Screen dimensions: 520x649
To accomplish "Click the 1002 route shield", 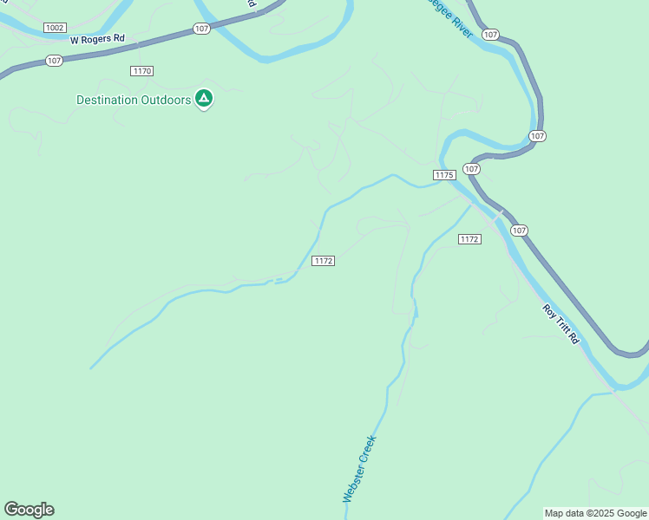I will [x=56, y=28].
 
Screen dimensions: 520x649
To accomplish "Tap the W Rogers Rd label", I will [x=98, y=40].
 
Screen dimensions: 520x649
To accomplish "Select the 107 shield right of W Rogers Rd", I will [x=201, y=29].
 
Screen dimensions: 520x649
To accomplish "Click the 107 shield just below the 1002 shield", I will [x=55, y=61].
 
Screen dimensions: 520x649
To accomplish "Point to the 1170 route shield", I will [x=142, y=70].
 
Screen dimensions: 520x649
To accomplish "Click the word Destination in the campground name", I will [x=107, y=100].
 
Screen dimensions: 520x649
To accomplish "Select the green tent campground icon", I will [x=204, y=99].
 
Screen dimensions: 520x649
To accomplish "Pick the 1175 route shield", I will [x=443, y=175].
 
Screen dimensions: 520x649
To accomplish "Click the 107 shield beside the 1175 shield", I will [x=471, y=168].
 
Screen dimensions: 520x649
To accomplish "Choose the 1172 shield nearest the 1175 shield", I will [x=469, y=239].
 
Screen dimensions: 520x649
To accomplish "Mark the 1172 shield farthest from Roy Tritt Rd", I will [x=324, y=261].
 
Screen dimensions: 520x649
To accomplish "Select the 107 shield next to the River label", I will [x=490, y=35].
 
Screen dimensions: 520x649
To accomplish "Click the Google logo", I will [x=29, y=510].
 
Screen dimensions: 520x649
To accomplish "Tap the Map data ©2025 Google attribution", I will [x=596, y=513].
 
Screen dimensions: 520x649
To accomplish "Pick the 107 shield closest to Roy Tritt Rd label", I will [x=518, y=230].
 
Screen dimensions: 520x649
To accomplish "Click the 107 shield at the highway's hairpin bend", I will [x=537, y=136].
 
